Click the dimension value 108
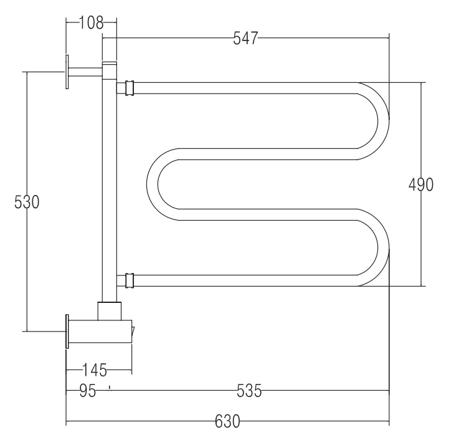[x=91, y=23]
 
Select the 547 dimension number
[x=246, y=38]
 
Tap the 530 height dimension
[x=27, y=202]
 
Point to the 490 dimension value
[x=420, y=184]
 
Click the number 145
[x=95, y=370]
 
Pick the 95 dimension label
[x=88, y=391]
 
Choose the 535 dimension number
[x=249, y=391]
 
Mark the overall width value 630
[x=227, y=421]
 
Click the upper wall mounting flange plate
[x=67, y=72]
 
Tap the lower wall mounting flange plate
[x=67, y=332]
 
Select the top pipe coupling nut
[x=130, y=88]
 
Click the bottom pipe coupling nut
[x=130, y=280]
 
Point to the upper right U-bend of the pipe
[x=383, y=120]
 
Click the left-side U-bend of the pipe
[x=153, y=184]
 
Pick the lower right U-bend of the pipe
[x=383, y=247]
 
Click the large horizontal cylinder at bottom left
[x=100, y=332]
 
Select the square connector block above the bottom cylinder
[x=110, y=311]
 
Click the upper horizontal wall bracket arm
[x=85, y=72]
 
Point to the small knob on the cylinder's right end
[x=133, y=331]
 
